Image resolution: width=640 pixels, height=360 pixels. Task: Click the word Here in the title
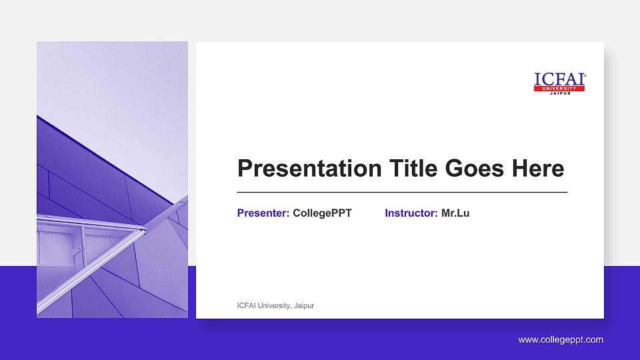(x=537, y=169)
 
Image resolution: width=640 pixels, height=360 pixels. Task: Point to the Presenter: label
(x=263, y=213)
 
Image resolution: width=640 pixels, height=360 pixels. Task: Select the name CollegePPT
(x=322, y=213)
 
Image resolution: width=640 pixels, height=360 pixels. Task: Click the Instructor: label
(x=411, y=213)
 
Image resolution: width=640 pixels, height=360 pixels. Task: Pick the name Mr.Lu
(x=455, y=213)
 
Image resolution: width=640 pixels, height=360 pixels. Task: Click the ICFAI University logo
(x=559, y=83)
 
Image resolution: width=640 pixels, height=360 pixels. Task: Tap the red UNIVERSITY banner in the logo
(x=559, y=89)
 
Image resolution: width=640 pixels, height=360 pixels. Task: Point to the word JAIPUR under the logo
(x=559, y=94)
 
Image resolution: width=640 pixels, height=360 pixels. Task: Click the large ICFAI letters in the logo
(x=558, y=79)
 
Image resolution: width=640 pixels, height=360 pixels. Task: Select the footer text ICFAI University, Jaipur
(x=275, y=305)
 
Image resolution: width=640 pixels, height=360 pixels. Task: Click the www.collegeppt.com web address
(x=561, y=340)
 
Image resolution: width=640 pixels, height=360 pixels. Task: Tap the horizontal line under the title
(x=402, y=192)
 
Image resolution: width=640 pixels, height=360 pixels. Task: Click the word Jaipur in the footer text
(x=303, y=305)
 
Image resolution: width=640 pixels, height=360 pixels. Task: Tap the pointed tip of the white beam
(x=144, y=230)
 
